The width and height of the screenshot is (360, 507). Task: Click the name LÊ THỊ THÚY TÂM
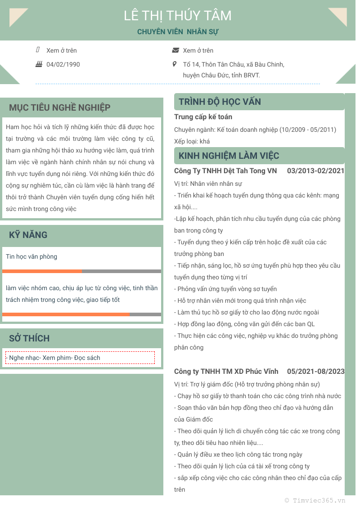click(x=178, y=16)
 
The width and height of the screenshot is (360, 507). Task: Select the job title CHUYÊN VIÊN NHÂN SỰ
click(x=178, y=32)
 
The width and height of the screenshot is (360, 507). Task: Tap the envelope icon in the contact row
click(x=175, y=50)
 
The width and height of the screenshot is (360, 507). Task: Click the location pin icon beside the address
click(x=175, y=64)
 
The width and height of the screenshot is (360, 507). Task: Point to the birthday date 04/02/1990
click(x=63, y=64)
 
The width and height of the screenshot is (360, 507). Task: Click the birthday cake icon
click(x=39, y=64)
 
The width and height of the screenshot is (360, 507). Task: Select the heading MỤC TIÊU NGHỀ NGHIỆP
click(x=59, y=108)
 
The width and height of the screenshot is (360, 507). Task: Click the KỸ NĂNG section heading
click(x=28, y=235)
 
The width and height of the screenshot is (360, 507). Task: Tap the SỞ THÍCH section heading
click(x=29, y=338)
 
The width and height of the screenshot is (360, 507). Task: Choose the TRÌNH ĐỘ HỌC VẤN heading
click(x=220, y=102)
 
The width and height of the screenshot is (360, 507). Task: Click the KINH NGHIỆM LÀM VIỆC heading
click(x=229, y=156)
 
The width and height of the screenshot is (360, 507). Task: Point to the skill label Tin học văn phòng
click(x=31, y=257)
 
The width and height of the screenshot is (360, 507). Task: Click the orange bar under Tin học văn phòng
click(x=42, y=271)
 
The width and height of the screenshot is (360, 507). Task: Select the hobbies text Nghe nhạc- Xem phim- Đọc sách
click(x=54, y=358)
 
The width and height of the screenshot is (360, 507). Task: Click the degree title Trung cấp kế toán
click(x=203, y=117)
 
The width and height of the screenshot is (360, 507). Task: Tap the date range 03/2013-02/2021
click(x=315, y=171)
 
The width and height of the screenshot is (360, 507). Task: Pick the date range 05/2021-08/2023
click(x=315, y=372)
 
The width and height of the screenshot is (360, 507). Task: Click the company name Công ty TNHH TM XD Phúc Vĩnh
click(x=226, y=372)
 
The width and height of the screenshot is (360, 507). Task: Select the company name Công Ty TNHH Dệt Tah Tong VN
click(x=225, y=171)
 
